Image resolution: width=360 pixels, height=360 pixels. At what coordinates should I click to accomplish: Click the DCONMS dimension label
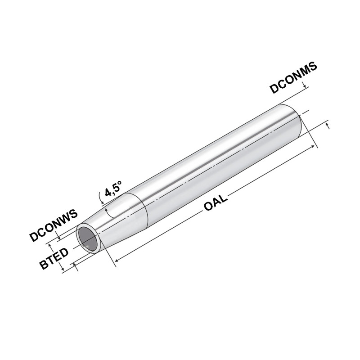[294, 78]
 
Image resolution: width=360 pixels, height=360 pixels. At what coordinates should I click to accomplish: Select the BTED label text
[54, 258]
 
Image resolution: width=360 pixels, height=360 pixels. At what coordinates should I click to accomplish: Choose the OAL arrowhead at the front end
[117, 259]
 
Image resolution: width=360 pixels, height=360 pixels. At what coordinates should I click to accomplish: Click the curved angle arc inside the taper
[106, 211]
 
